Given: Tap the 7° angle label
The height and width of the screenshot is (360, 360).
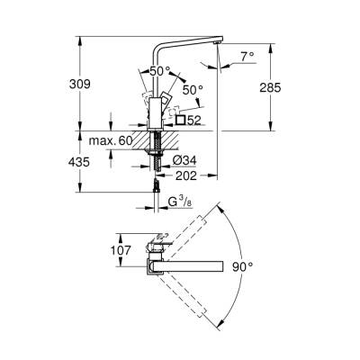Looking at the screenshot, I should [247, 55].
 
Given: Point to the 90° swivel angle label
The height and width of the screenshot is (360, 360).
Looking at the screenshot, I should [266, 267].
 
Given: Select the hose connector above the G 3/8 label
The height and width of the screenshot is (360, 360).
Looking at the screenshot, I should [157, 187].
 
